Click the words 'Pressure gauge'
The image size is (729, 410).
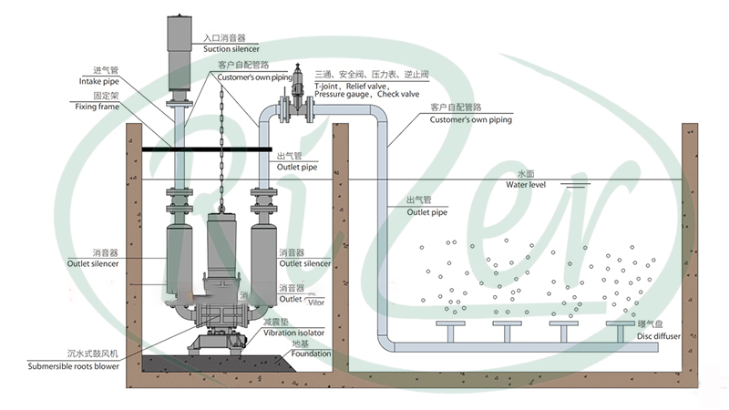(x=344, y=94)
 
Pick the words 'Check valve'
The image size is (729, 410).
(x=398, y=94)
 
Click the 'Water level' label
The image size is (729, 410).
(x=528, y=185)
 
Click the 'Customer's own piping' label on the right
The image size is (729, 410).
(x=470, y=119)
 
